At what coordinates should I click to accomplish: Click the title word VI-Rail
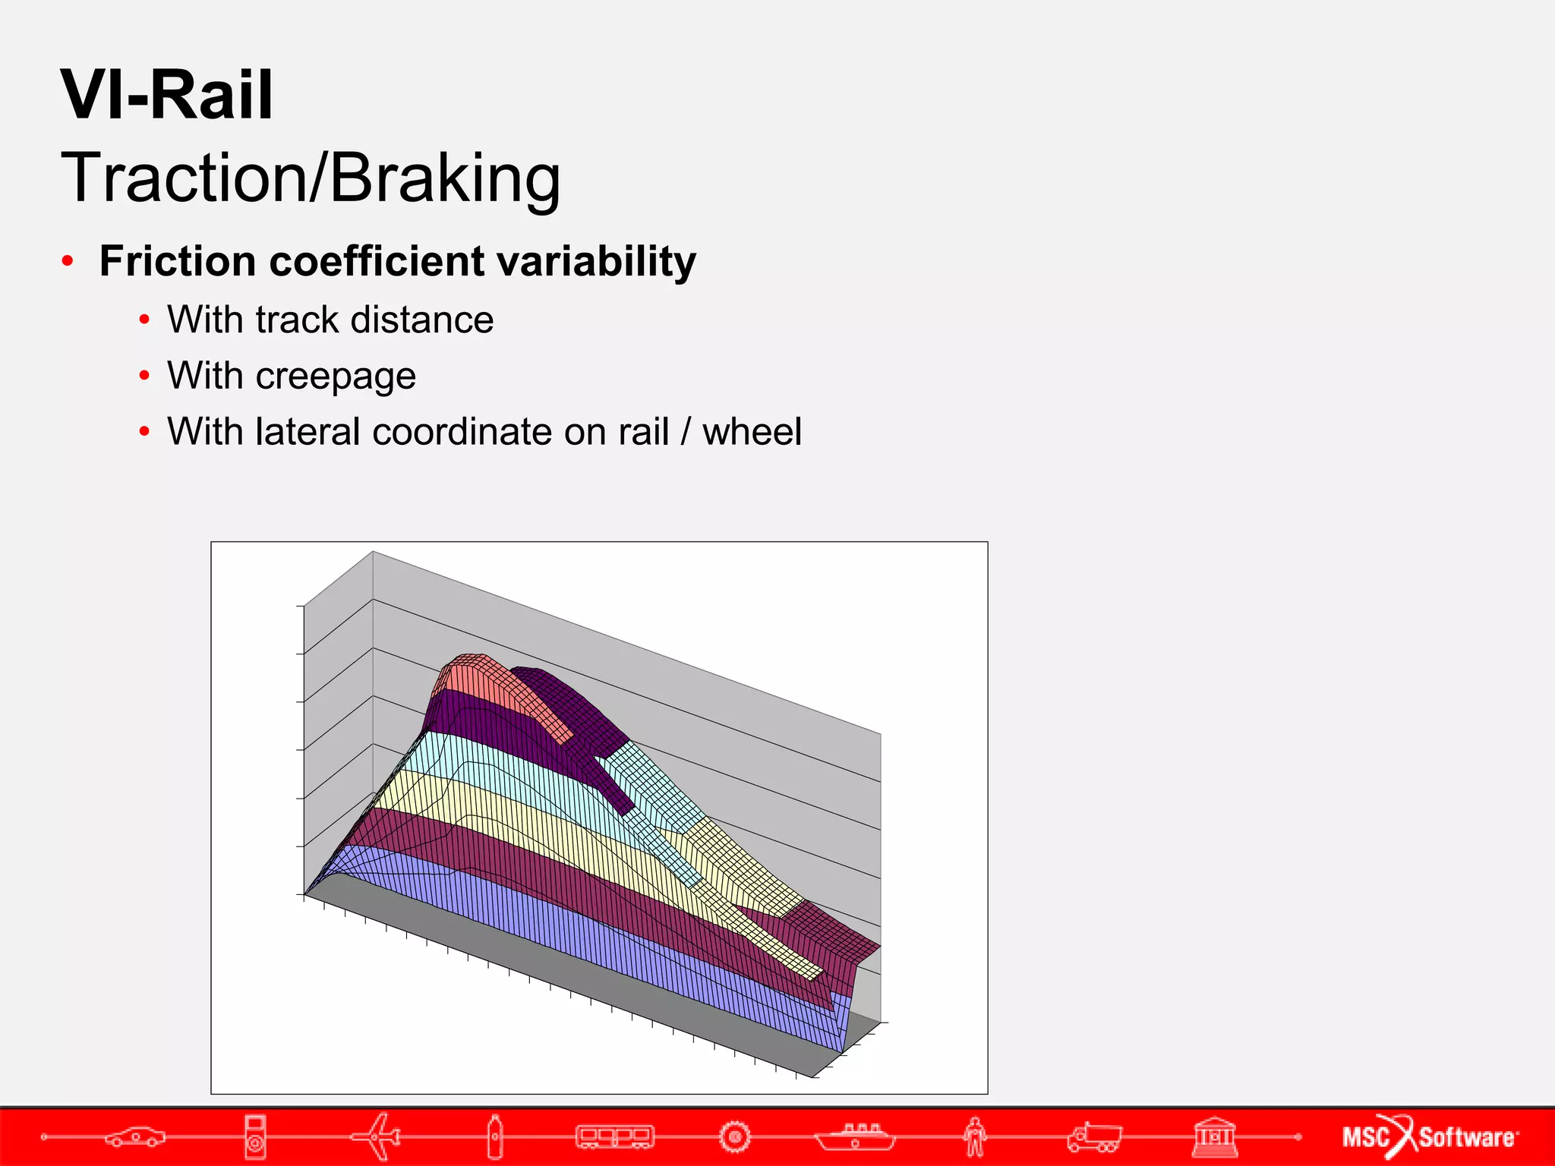point(166,96)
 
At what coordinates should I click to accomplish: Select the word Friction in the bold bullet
point(178,262)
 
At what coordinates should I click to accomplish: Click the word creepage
point(336,377)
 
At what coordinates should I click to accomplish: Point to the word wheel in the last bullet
point(751,432)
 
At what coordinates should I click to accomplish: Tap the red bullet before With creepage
point(144,376)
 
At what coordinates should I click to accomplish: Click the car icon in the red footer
point(134,1136)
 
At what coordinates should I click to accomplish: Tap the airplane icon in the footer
point(377,1136)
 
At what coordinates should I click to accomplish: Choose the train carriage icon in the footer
point(614,1136)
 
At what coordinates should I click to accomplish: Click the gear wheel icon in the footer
point(734,1136)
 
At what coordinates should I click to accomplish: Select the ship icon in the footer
point(855,1136)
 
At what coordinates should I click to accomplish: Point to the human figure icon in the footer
point(975,1136)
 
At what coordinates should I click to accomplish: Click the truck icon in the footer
point(1094,1136)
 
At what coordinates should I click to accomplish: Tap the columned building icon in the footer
point(1214,1136)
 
